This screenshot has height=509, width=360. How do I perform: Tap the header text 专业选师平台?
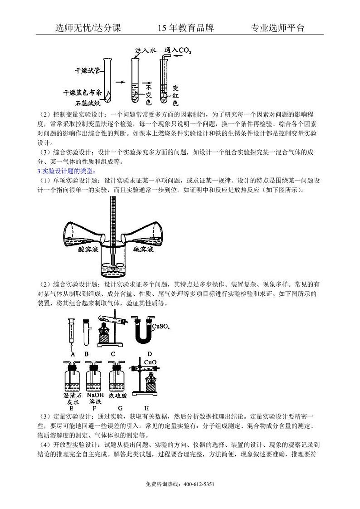277,28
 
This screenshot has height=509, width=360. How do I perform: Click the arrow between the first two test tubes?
119,82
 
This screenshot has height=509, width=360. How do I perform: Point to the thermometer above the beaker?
111,218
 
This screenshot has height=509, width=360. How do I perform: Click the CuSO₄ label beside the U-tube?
161,326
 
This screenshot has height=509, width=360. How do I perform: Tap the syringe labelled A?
72,331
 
